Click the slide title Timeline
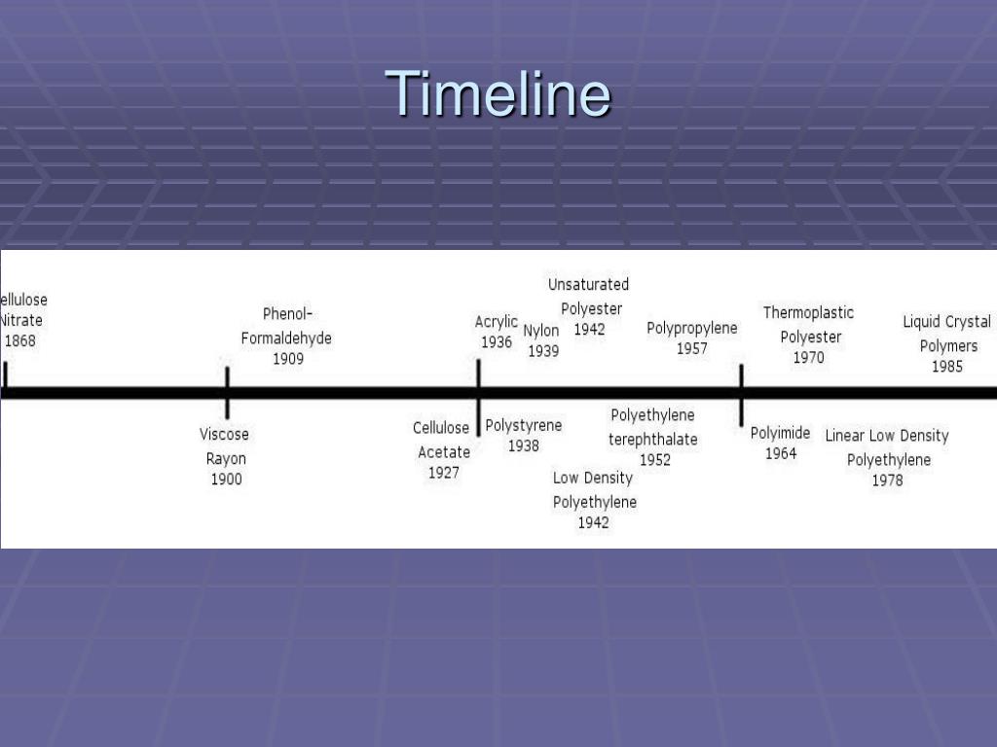(498, 94)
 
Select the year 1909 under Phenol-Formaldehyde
(287, 359)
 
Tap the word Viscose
(224, 435)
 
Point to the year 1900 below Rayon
(226, 480)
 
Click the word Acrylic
(497, 322)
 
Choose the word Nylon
(541, 331)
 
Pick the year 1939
(543, 351)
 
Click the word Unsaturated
(588, 284)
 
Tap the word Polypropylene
(692, 328)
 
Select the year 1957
(692, 348)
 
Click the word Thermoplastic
(808, 312)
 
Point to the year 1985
(947, 367)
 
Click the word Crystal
(968, 322)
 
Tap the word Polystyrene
(524, 425)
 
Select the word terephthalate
(653, 440)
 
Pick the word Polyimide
(780, 433)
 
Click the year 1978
(887, 480)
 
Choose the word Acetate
(444, 452)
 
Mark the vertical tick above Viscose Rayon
(227, 392)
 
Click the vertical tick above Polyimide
(742, 394)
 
